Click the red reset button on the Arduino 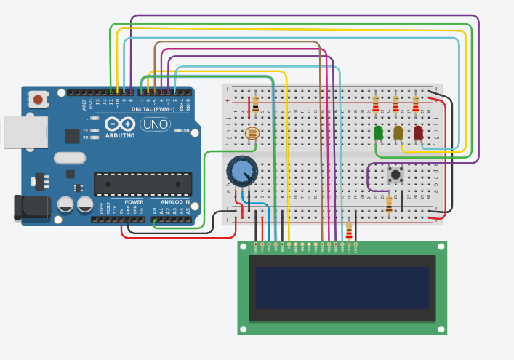click(38, 98)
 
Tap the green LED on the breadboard click(378, 133)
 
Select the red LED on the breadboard click(418, 132)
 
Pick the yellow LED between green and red click(398, 133)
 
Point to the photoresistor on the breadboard click(252, 134)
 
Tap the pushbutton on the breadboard click(396, 174)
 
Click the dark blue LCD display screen click(342, 287)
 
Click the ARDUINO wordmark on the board click(120, 135)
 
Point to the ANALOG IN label click(175, 201)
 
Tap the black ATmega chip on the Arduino click(142, 185)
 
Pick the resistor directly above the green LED click(375, 105)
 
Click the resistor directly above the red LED click(415, 104)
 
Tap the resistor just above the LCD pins click(350, 231)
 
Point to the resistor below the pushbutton click(389, 205)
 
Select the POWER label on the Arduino click(134, 201)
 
